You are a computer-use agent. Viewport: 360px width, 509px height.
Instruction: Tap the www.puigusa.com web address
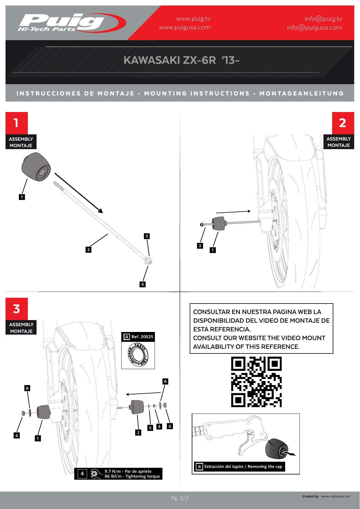click(185, 28)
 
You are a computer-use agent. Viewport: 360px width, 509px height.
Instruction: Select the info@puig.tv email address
click(323, 19)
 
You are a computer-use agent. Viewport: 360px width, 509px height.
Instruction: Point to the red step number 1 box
click(17, 123)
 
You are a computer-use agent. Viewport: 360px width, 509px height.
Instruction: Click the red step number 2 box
click(343, 123)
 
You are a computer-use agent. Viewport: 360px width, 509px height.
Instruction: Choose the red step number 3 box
click(17, 309)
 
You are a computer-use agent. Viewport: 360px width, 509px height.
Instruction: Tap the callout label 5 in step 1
click(147, 236)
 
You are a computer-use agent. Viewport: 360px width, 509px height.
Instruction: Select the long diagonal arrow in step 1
click(78, 193)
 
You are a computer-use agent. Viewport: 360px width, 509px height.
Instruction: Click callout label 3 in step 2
click(200, 246)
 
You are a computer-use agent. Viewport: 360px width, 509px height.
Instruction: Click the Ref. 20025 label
click(142, 337)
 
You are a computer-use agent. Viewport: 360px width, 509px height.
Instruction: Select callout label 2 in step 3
click(138, 433)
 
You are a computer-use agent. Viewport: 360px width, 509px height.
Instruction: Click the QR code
click(256, 382)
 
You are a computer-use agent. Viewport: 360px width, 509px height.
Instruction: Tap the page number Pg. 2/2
click(180, 498)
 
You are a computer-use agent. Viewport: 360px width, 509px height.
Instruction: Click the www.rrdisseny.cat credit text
click(335, 496)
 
